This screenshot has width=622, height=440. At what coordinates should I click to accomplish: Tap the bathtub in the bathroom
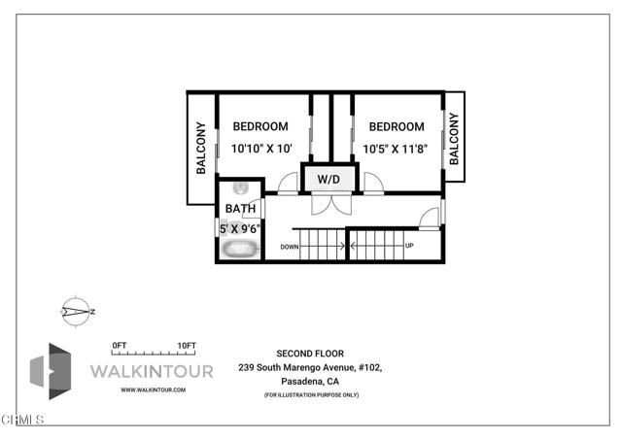[x=239, y=249]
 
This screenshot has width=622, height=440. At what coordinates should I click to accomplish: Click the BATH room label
[x=240, y=209]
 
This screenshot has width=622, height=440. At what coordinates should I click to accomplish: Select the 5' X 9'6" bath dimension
[x=240, y=229]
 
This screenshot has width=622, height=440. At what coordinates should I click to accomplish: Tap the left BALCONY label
[x=201, y=148]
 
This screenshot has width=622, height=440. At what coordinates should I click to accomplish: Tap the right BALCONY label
[x=454, y=137]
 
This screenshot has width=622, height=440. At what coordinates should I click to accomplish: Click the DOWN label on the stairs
[x=290, y=247]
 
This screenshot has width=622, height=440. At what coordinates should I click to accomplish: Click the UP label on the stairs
[x=409, y=246]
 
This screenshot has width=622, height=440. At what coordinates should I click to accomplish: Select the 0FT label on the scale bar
[x=120, y=346]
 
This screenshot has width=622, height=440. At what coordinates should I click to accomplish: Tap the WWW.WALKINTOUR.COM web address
[x=153, y=389]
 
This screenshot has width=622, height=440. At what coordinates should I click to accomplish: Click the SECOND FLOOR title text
[x=311, y=354]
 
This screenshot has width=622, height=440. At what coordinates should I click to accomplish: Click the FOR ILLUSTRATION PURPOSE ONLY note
[x=311, y=396]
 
